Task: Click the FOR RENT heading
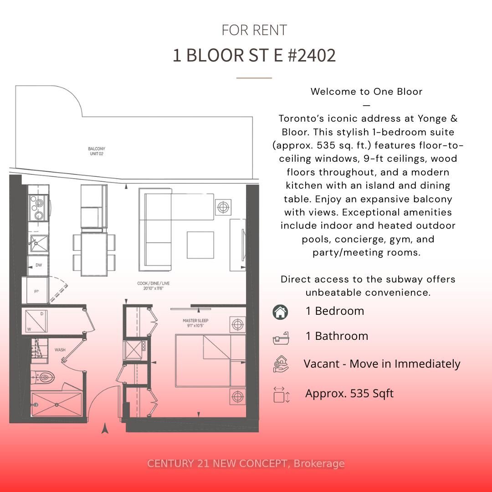(254, 30)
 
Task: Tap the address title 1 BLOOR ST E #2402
(254, 56)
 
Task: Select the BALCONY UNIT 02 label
(97, 151)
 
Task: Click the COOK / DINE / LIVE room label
(153, 286)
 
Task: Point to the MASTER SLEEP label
(195, 323)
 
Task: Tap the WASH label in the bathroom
(60, 350)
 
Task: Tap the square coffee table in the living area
(200, 245)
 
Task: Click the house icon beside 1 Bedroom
(280, 312)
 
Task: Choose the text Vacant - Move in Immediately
(382, 364)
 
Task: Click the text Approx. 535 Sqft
(349, 394)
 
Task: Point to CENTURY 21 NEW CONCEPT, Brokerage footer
(246, 464)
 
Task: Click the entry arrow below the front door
(105, 428)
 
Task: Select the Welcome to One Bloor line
(367, 92)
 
